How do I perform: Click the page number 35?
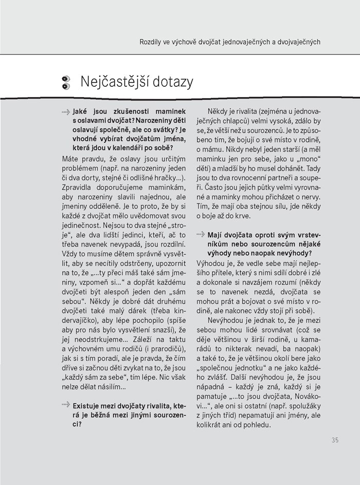click(x=335, y=440)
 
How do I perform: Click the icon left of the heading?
click(x=65, y=82)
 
